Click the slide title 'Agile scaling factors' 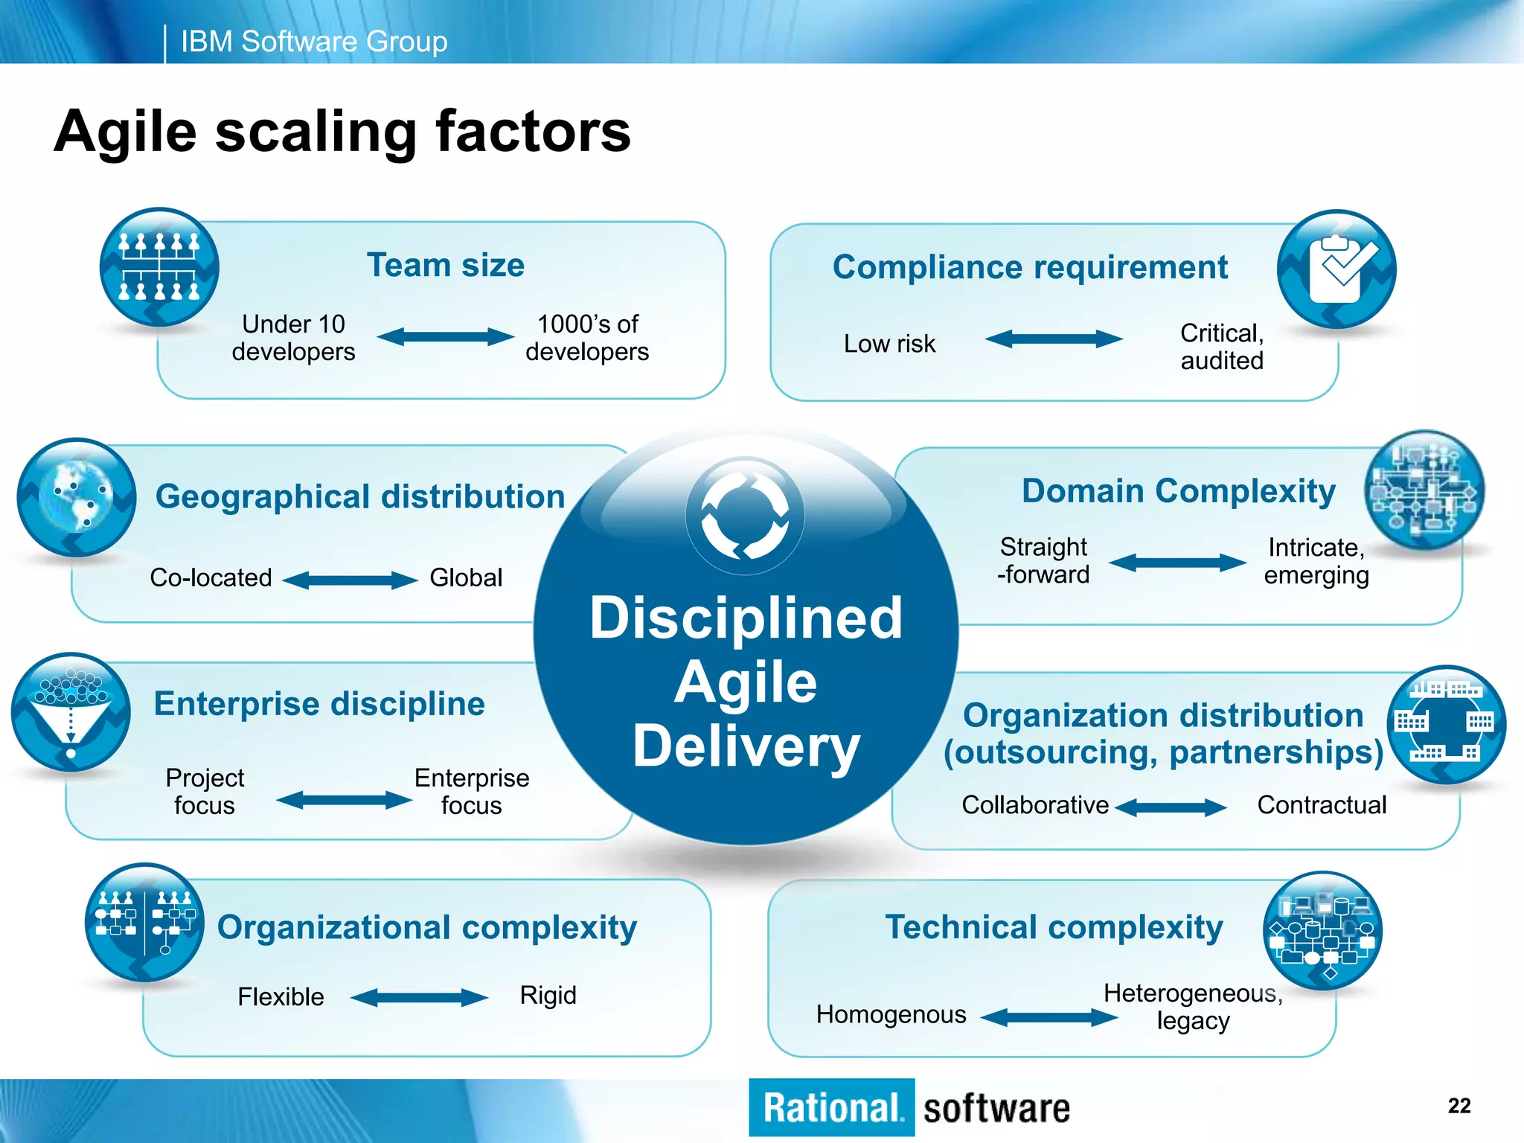tap(342, 132)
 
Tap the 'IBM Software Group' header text tap(314, 42)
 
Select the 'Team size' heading tap(446, 266)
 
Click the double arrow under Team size tap(445, 337)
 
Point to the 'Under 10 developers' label tap(293, 338)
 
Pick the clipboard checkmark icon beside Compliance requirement tap(1336, 269)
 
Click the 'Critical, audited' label tap(1222, 347)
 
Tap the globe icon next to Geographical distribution tap(77, 497)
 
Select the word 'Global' tap(466, 578)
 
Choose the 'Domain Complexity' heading tap(1179, 492)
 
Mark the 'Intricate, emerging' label tap(1316, 562)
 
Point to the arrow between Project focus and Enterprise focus tap(344, 801)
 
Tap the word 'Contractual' tap(1322, 805)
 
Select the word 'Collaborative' tap(1035, 805)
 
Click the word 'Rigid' tap(548, 996)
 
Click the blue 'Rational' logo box tap(831, 1107)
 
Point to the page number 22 tap(1459, 1106)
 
